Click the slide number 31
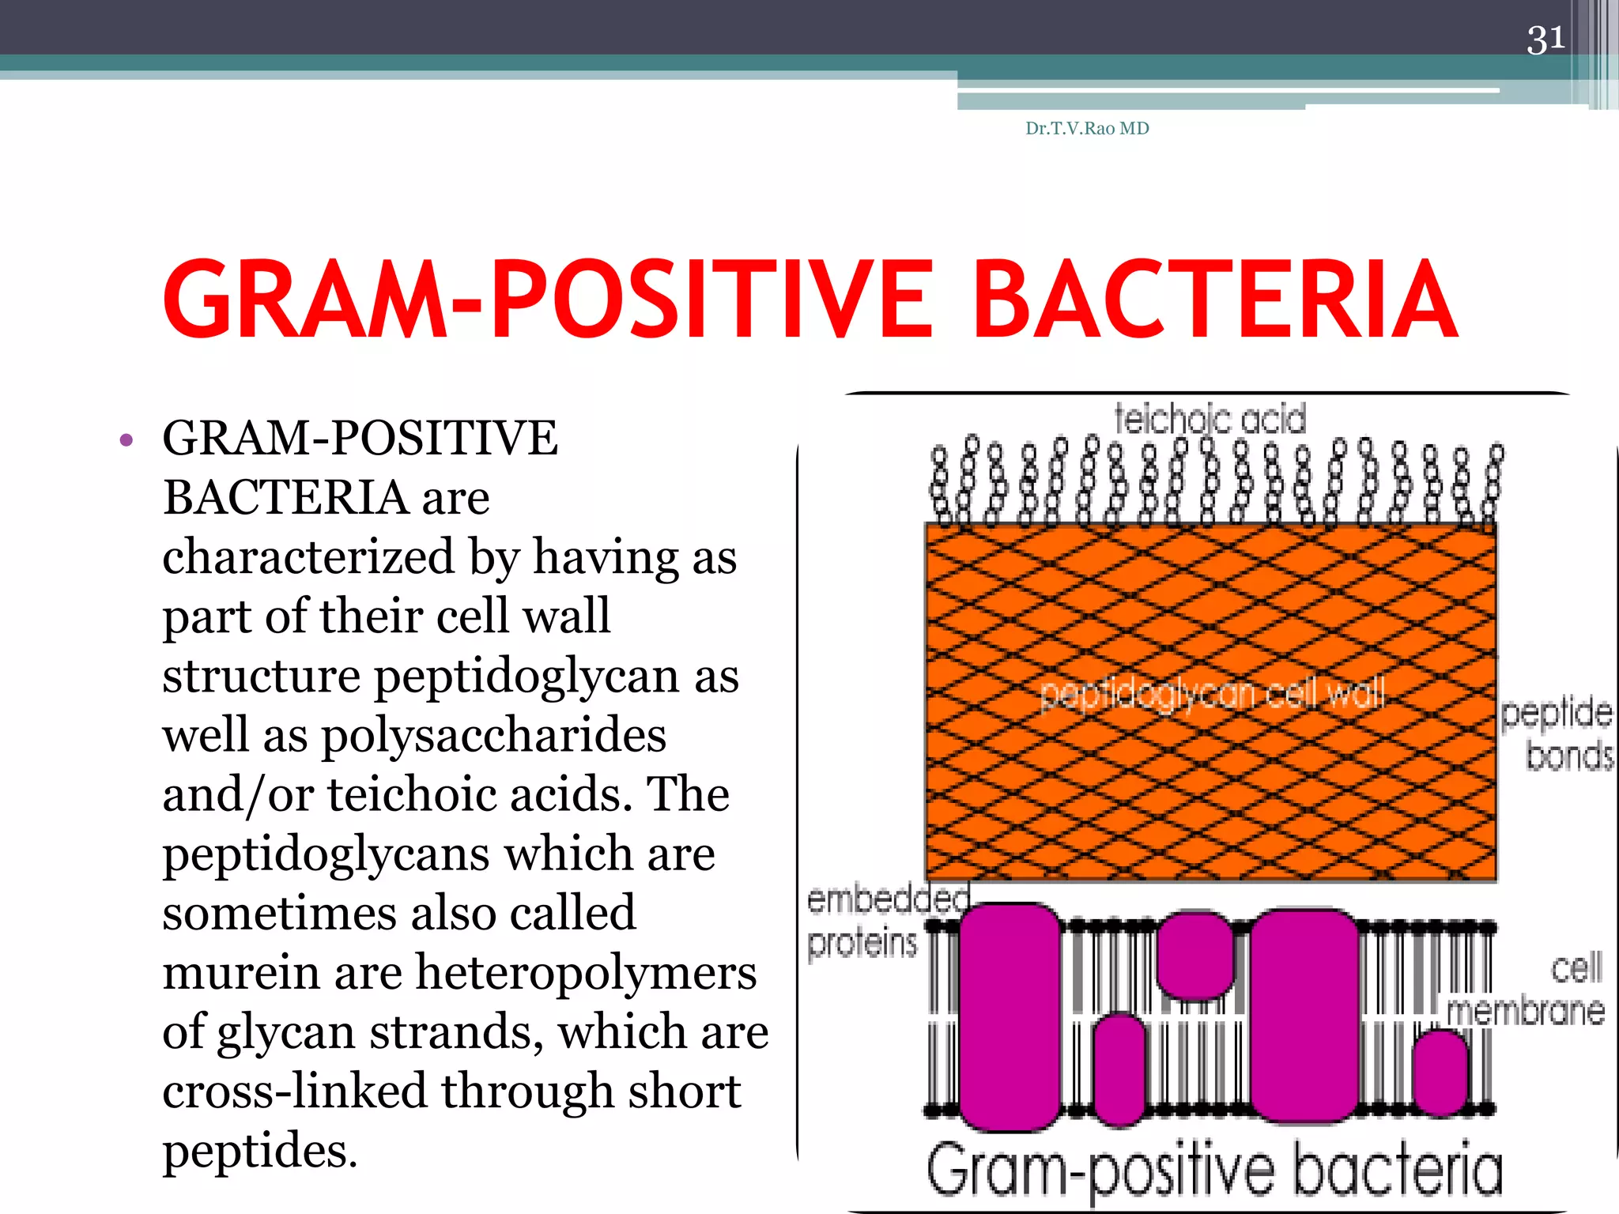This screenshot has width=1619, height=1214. [1545, 40]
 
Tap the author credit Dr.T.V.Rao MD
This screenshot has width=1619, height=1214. [1087, 129]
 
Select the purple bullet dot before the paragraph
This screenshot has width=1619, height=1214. [126, 440]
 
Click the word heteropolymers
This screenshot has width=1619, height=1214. [586, 973]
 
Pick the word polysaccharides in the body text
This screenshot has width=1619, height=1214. [493, 736]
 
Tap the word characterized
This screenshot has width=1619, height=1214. [308, 556]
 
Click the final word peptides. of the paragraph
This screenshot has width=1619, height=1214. [260, 1151]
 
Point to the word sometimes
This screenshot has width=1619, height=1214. [278, 914]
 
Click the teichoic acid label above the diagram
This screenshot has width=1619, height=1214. [1210, 419]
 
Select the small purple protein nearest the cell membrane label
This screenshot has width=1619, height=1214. [1440, 1073]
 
